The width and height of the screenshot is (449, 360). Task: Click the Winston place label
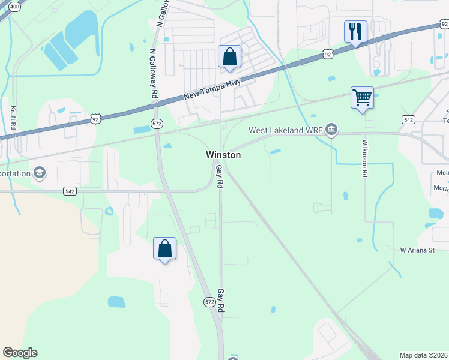tap(223, 155)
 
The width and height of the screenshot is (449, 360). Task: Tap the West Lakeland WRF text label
tap(285, 130)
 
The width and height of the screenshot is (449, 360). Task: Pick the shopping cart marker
tap(362, 97)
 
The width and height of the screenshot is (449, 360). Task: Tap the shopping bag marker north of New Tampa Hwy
tap(229, 57)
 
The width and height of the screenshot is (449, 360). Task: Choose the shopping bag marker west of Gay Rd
tap(164, 248)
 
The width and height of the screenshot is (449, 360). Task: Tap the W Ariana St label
tap(417, 250)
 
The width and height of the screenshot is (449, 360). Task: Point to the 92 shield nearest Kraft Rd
tap(95, 119)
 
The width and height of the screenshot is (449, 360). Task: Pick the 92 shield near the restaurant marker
tap(327, 54)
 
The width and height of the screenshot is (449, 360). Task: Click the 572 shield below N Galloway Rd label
tap(157, 124)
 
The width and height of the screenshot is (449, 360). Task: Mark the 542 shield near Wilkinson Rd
tap(408, 120)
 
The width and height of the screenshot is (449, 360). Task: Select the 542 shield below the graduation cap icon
tap(70, 191)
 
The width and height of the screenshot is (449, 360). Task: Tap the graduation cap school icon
tap(40, 173)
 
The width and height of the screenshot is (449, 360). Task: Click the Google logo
tap(20, 353)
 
